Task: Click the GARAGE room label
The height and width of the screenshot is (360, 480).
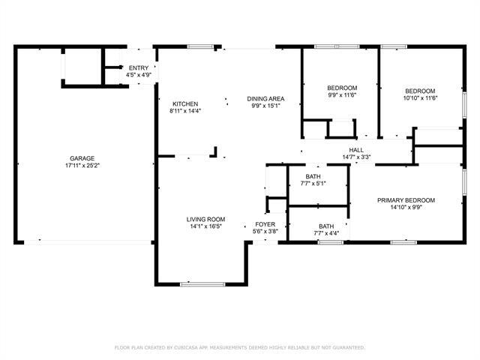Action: [x=82, y=158]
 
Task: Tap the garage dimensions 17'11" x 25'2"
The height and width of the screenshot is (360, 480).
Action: [x=82, y=166]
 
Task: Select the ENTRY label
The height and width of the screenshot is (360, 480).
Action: [x=139, y=68]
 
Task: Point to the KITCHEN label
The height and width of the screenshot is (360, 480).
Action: [x=184, y=104]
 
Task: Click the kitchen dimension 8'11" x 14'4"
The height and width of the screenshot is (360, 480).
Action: [x=184, y=112]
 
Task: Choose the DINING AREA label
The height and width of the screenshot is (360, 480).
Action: [x=266, y=98]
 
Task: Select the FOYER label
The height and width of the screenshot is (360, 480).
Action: [x=265, y=224]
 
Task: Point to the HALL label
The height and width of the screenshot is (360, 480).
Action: [x=356, y=150]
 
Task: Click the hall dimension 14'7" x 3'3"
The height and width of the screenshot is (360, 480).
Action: [x=356, y=157]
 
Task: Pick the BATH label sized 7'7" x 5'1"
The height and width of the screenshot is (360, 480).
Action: [x=313, y=175]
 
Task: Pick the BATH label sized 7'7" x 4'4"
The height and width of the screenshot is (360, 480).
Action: [x=326, y=226]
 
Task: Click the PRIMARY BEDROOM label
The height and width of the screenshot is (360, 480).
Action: [x=406, y=200]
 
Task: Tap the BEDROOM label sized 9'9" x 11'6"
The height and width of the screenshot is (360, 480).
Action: [x=341, y=88]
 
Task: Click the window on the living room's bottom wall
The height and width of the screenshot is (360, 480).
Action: [x=202, y=284]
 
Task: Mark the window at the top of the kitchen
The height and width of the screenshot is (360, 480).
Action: [x=199, y=47]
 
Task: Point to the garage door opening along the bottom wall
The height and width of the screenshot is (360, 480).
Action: [x=82, y=241]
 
